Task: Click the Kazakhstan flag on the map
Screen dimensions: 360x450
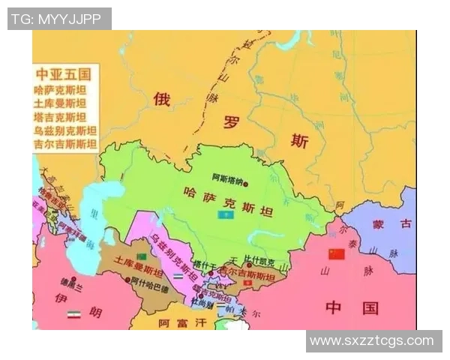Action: pyautogui.click(x=223, y=215)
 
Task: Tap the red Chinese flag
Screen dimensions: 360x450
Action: pyautogui.click(x=336, y=253)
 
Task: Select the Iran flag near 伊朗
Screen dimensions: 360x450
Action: pyautogui.click(x=73, y=313)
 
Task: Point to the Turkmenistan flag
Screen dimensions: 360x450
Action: pyautogui.click(x=139, y=256)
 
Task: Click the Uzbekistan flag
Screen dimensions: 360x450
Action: pyautogui.click(x=178, y=276)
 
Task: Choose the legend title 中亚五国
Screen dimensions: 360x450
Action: pyautogui.click(x=64, y=74)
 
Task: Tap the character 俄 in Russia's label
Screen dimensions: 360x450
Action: pyautogui.click(x=162, y=98)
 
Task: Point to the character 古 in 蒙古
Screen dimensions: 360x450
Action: pyautogui.click(x=405, y=223)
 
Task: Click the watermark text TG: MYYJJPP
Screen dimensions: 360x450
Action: pyautogui.click(x=56, y=19)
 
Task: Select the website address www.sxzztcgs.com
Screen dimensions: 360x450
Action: pyautogui.click(x=372, y=341)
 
